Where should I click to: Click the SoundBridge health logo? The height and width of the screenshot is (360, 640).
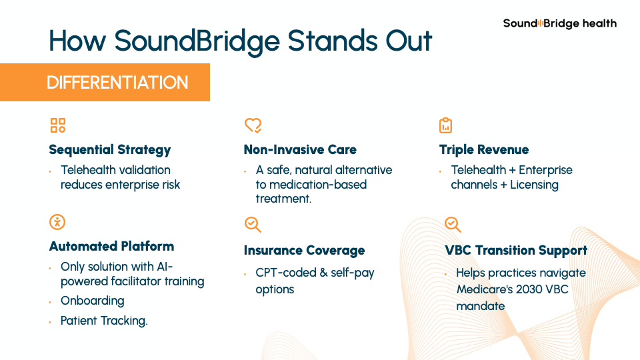559,24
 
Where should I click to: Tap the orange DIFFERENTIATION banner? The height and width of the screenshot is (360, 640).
105,82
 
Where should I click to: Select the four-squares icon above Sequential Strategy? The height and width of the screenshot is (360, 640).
58,125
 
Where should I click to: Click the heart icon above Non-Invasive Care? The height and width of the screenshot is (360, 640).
253,125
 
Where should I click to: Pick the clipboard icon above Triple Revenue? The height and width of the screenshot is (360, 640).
446,125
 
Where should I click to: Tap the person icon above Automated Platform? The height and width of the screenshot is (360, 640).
57,222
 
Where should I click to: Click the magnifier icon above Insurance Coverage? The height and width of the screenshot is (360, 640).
253,225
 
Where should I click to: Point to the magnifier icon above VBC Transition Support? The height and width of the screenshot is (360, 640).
453,225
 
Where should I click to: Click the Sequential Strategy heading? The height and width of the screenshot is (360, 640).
110,150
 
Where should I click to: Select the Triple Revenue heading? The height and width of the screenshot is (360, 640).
484,150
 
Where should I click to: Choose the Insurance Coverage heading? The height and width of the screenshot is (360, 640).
304,250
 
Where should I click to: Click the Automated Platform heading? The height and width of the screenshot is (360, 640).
111,246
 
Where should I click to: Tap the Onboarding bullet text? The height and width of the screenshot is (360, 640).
92,301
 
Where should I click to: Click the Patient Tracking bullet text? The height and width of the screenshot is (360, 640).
104,321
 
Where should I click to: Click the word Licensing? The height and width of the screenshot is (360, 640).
534,185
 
